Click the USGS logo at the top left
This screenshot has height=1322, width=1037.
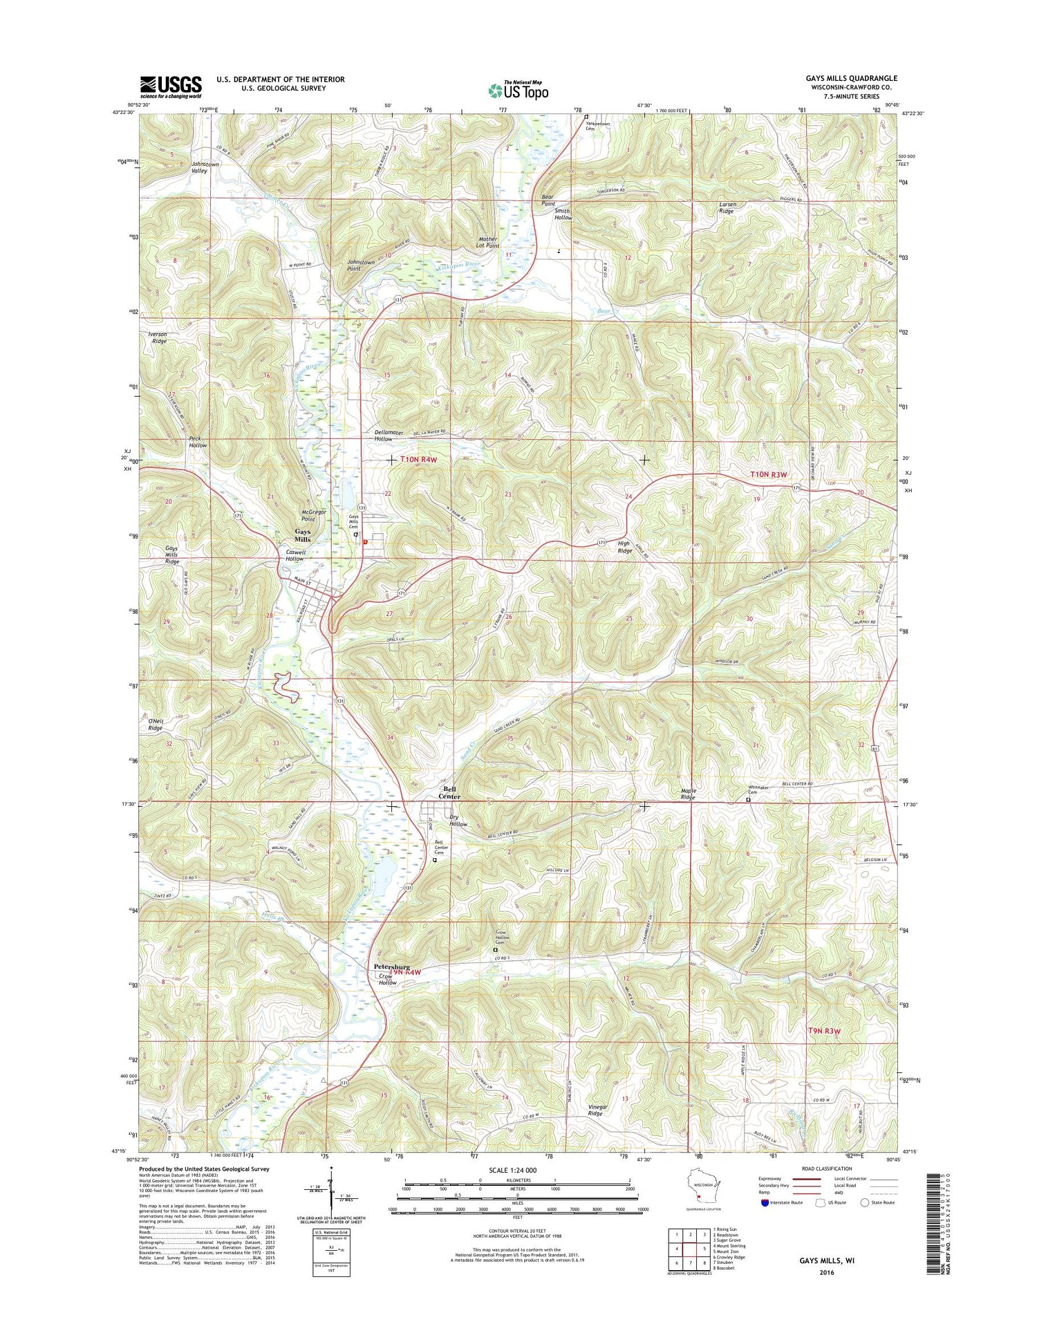coord(171,86)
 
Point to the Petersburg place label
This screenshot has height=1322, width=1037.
coord(392,967)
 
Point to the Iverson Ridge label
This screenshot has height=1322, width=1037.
coord(158,337)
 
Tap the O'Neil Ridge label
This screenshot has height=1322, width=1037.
coord(155,724)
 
